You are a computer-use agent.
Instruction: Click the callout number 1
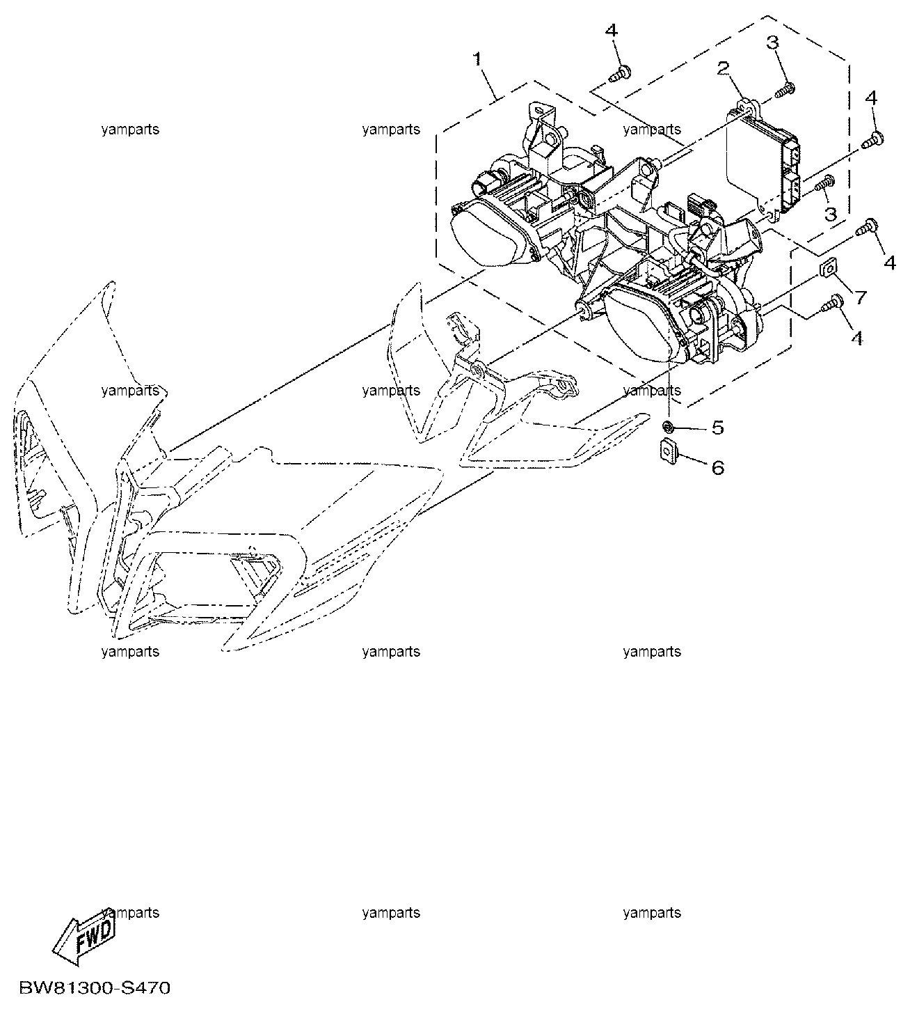[x=477, y=59]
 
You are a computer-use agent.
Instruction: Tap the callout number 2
[x=724, y=68]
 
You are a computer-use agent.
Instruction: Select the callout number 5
[x=717, y=428]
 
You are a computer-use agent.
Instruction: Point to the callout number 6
[x=717, y=468]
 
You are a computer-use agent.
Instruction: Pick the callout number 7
[x=861, y=297]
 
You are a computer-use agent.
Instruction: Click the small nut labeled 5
[x=669, y=428]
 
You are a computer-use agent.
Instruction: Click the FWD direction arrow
[x=84, y=939]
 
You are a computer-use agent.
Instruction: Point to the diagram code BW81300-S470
[x=95, y=988]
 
